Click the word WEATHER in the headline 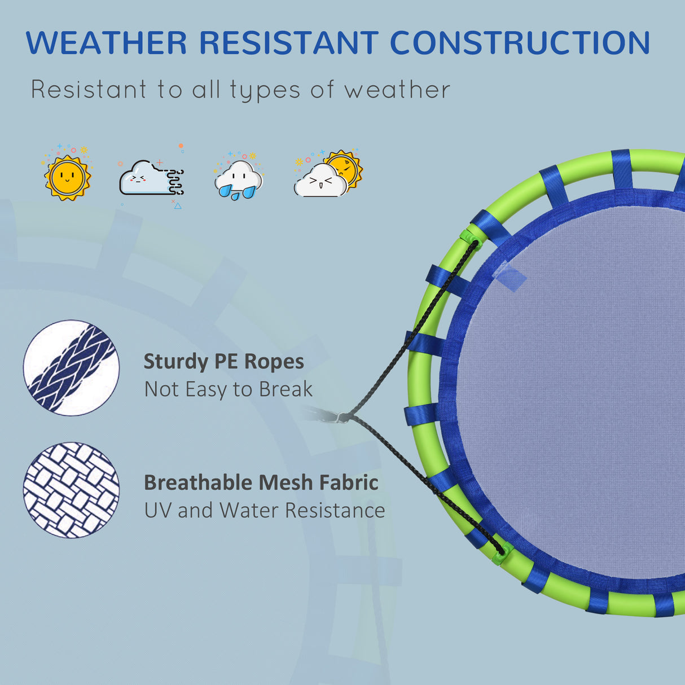pos(106,43)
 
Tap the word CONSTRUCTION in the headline pos(520,43)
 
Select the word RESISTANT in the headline pos(289,43)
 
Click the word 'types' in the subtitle pos(265,91)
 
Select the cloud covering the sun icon pos(327,174)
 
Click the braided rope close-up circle pos(72,368)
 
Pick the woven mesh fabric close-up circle pos(72,490)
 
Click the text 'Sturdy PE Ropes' pos(223,362)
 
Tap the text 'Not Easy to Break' pos(228,389)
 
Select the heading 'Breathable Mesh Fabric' pos(261,482)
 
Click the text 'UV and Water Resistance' pos(265,510)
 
